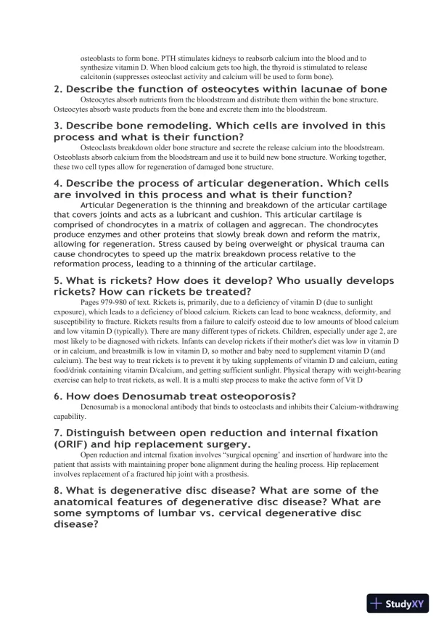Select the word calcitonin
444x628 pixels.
(x=98, y=76)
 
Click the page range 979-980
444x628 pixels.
(x=115, y=293)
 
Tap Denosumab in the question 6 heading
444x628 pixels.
(x=137, y=396)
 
